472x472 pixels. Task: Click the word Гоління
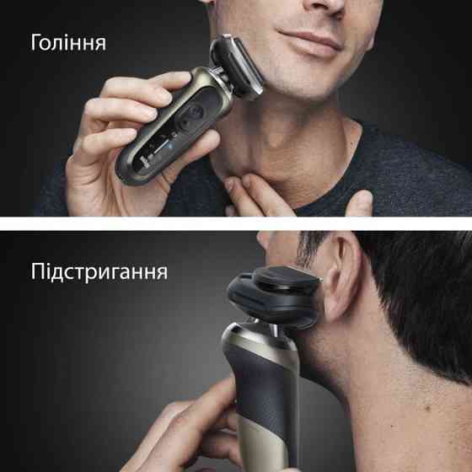click(68, 42)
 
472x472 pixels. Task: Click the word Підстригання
click(99, 272)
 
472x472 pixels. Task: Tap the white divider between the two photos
click(236, 223)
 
